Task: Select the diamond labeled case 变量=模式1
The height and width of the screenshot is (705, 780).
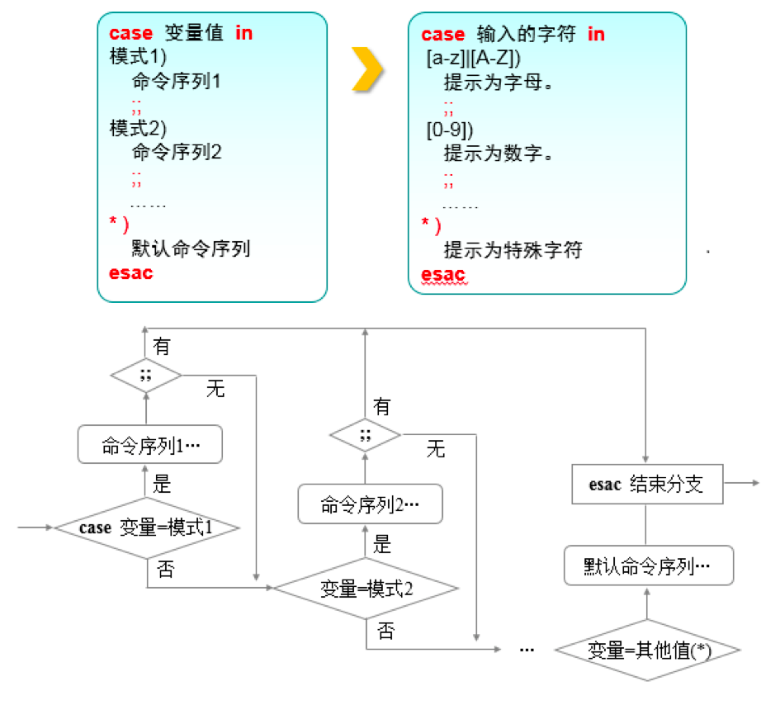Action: point(147,528)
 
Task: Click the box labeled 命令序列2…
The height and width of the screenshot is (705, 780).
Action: point(369,504)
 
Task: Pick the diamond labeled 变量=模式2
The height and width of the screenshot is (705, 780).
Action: point(366,589)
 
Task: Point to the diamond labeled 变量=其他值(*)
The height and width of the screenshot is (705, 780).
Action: point(646,650)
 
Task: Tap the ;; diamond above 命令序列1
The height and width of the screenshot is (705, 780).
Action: point(146,376)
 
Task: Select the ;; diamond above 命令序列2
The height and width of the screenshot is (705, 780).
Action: point(365,434)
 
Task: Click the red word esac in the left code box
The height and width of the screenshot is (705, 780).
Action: point(130,273)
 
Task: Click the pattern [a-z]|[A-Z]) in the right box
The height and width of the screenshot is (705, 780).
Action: point(473,59)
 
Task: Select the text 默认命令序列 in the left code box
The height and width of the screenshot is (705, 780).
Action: point(191,248)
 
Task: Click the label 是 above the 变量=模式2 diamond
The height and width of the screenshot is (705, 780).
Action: point(383,544)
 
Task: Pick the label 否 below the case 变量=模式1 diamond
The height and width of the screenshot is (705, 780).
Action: point(165,569)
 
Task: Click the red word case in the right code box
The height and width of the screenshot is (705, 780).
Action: point(443,34)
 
